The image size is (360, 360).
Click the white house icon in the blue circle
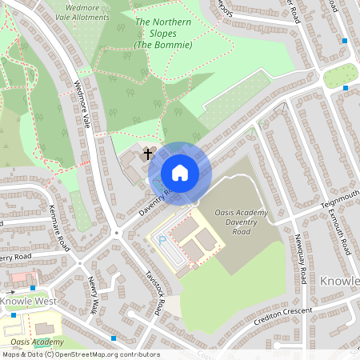180,172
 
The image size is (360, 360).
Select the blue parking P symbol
163,239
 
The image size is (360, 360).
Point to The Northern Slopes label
163,22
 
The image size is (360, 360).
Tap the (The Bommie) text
162,44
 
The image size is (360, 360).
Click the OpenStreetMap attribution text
80,354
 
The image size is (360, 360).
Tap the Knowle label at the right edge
341,282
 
